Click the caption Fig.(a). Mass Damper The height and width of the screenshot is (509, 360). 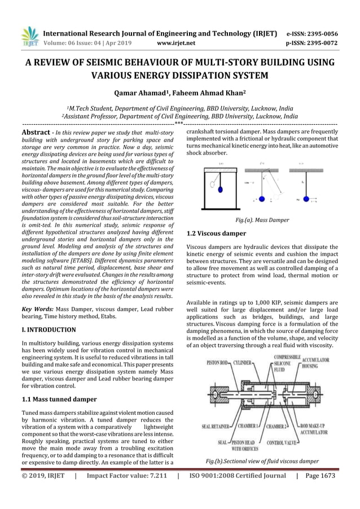(261, 220)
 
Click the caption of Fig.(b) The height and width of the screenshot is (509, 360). (261, 461)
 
